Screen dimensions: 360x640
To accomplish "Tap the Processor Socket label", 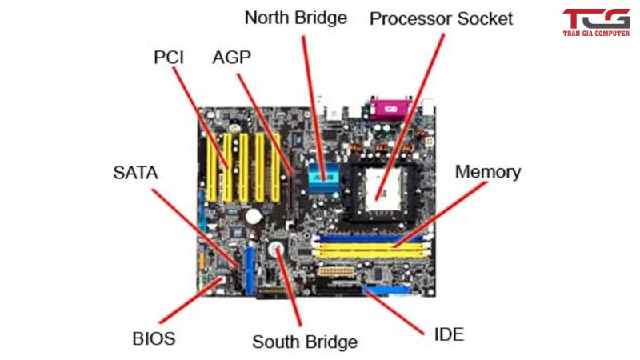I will (x=441, y=18).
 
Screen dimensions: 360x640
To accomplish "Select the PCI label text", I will (x=169, y=58).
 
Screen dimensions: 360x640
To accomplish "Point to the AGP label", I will (x=232, y=58).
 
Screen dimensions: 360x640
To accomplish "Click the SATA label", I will (x=135, y=172).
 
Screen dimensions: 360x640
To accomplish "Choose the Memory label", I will (x=487, y=171).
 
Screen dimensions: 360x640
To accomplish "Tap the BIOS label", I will (x=154, y=338).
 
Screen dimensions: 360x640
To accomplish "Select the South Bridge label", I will (x=305, y=342).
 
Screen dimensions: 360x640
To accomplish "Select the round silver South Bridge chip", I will (x=277, y=250).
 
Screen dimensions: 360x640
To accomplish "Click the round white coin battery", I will (x=254, y=215).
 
